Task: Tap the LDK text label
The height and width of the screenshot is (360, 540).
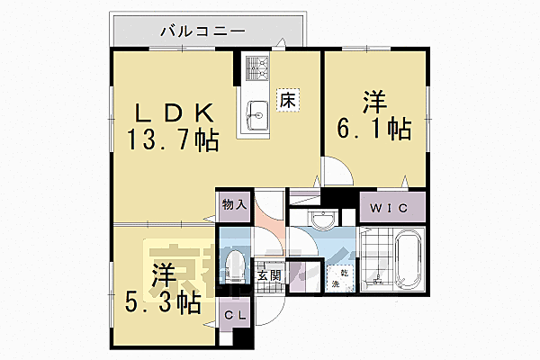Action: click(173, 114)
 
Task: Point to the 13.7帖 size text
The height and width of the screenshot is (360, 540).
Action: click(173, 140)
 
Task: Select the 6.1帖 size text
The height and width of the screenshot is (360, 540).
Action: click(375, 129)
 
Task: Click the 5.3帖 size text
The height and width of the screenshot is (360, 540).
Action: click(163, 303)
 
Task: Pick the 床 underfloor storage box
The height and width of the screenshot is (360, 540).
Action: click(286, 99)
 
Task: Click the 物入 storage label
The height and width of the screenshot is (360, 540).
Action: click(234, 204)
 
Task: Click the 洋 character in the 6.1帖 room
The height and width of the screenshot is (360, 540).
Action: click(375, 99)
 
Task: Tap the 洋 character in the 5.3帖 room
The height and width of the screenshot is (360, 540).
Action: click(162, 273)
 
